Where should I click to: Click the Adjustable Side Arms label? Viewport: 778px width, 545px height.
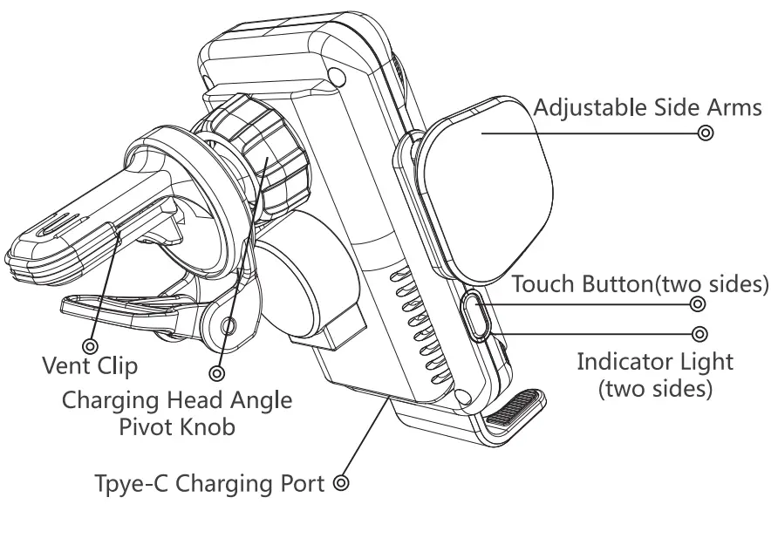[x=647, y=109]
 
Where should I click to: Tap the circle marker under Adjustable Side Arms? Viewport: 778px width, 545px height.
[x=706, y=133]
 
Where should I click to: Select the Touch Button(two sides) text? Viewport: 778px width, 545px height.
[x=639, y=285]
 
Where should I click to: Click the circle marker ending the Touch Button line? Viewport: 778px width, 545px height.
[x=698, y=304]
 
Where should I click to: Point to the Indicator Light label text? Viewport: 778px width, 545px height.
[x=655, y=361]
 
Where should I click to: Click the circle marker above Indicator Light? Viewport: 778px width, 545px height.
[x=699, y=334]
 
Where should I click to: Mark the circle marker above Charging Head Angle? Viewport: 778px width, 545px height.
[x=217, y=373]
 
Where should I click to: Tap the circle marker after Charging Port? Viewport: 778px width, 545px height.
[x=341, y=482]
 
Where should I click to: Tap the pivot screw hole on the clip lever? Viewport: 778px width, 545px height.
[x=229, y=326]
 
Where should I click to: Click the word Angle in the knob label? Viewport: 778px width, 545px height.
[x=260, y=401]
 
